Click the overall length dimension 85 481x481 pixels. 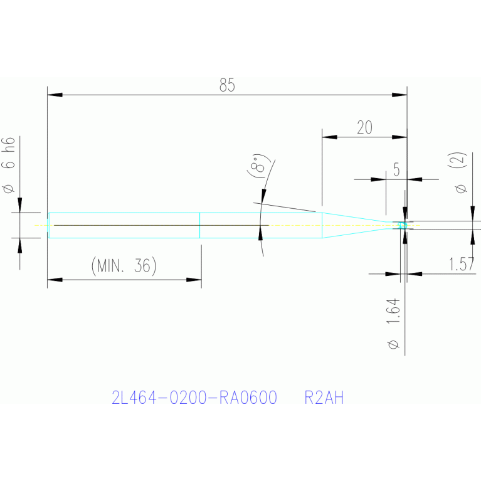pos(227,86)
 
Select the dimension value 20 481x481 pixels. pos(364,128)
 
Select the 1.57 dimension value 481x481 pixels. pos(462,265)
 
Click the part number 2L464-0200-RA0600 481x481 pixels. pos(194,398)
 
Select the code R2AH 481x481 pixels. pos(324,398)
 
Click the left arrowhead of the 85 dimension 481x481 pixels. pos(55,95)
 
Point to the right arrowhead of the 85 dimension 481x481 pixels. pos(399,95)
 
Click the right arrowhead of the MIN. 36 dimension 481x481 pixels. pos(194,280)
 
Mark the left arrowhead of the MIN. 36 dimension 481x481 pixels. pos(55,280)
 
